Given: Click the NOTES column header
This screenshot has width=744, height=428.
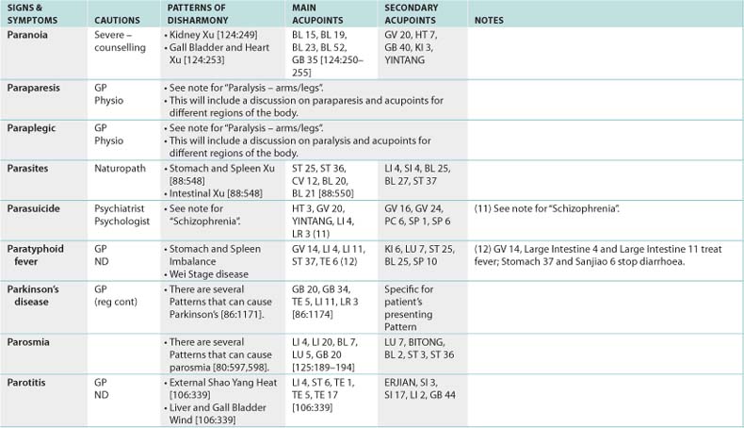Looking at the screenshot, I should click(489, 19).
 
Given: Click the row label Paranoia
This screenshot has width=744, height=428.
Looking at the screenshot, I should click(28, 33).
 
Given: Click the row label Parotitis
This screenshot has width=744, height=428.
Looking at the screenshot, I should click(29, 383).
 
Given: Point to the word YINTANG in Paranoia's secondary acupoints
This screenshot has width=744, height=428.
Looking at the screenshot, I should click(405, 59).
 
